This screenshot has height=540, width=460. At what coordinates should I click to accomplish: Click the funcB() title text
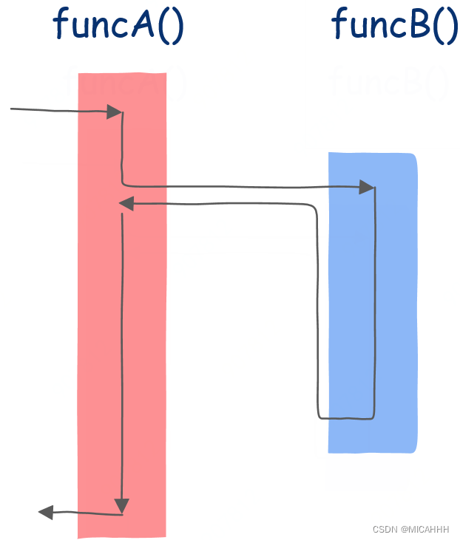pyautogui.click(x=394, y=24)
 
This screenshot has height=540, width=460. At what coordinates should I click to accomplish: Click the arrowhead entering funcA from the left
pyautogui.click(x=114, y=112)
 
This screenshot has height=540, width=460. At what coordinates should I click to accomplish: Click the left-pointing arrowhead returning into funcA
pyautogui.click(x=126, y=203)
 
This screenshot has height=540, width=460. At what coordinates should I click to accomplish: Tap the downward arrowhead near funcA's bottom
pyautogui.click(x=121, y=505)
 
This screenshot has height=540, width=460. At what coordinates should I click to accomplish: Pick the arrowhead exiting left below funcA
pyautogui.click(x=46, y=511)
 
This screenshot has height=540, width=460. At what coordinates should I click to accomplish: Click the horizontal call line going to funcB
pyautogui.click(x=244, y=186)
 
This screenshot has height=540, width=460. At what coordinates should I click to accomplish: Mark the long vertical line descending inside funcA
pyautogui.click(x=121, y=355)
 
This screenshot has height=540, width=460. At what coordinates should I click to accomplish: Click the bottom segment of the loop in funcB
pyautogui.click(x=346, y=418)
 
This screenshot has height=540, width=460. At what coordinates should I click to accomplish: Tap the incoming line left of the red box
pyautogui.click(x=52, y=112)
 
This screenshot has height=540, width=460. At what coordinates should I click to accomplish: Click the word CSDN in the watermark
pyautogui.click(x=385, y=530)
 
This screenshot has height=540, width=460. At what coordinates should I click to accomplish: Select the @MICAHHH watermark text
pyautogui.click(x=428, y=530)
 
